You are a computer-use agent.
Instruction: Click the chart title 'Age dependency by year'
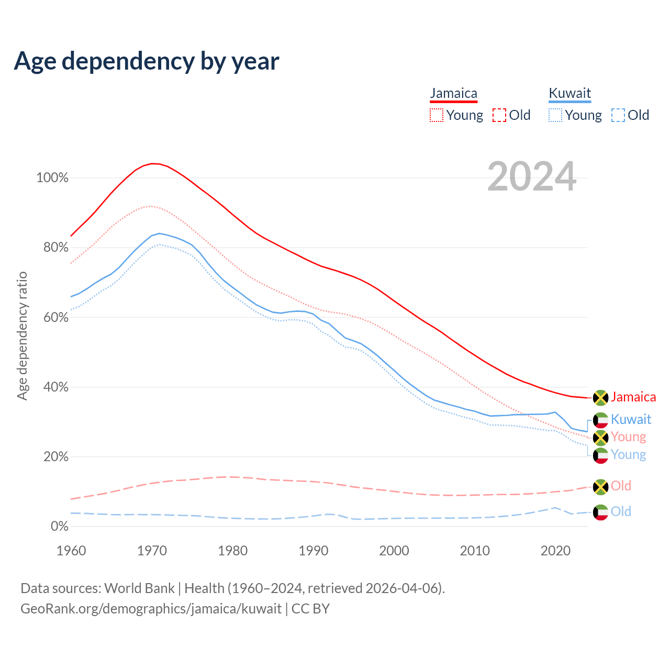(147, 61)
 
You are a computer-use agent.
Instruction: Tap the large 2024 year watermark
(532, 176)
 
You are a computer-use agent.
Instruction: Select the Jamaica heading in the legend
(453, 94)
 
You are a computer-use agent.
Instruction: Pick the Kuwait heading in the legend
(569, 94)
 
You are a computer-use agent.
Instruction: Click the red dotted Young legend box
(437, 115)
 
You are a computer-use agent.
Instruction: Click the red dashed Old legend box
(499, 115)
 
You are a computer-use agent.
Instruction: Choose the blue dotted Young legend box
(555, 115)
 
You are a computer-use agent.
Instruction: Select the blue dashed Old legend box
(618, 115)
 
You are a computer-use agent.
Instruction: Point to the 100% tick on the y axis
(52, 178)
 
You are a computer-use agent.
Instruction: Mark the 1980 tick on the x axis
(233, 551)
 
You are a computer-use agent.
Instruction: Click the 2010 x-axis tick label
(475, 551)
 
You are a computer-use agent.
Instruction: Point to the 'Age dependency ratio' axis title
(22, 336)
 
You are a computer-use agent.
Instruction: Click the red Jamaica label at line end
(633, 397)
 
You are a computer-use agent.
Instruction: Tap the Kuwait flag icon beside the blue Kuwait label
(600, 420)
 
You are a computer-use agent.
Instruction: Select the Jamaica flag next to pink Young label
(600, 437)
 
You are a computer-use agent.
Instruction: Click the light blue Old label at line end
(621, 511)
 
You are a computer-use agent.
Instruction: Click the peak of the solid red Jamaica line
(152, 163)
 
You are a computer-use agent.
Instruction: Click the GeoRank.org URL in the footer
(151, 609)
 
